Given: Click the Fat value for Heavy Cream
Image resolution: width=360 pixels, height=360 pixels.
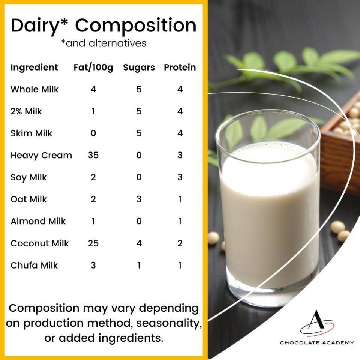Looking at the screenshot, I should click(x=93, y=155).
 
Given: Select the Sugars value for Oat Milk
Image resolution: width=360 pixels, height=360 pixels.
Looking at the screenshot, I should click(x=139, y=199).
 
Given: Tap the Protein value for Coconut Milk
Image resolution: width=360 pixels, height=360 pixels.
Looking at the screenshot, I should click(x=180, y=243).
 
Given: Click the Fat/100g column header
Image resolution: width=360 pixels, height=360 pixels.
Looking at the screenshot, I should click(x=93, y=67).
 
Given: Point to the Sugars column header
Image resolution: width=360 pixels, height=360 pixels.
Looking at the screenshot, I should click(x=139, y=67).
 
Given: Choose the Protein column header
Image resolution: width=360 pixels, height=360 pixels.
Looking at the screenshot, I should click(x=180, y=67).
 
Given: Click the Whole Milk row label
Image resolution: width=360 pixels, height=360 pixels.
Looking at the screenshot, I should click(x=34, y=89).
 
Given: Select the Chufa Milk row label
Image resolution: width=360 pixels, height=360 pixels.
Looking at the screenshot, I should click(x=34, y=265).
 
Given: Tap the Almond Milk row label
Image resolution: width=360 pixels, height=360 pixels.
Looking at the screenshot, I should click(x=38, y=221).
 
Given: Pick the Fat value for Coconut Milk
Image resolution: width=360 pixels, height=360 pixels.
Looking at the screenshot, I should click(x=93, y=243).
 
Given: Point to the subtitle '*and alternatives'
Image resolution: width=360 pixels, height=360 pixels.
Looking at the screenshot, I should click(x=103, y=43).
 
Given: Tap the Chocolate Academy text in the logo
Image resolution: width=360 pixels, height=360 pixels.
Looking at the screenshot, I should click(x=317, y=342).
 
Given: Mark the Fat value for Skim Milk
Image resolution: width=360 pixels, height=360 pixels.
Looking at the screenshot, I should click(x=93, y=133).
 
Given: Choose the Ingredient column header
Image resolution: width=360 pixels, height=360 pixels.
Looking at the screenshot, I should click(x=34, y=67).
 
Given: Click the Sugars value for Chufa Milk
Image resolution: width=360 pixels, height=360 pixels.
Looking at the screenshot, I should click(x=139, y=265).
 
